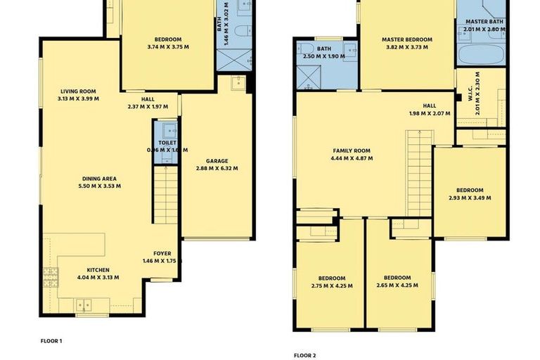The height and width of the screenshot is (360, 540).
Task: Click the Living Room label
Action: (77, 91)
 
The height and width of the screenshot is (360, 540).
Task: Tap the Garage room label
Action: (217, 160)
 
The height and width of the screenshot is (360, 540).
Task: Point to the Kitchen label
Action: (98, 269)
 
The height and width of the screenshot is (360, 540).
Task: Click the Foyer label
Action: (162, 253)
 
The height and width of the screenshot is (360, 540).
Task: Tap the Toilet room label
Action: (167, 143)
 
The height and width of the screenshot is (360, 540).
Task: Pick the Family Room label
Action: (352, 150)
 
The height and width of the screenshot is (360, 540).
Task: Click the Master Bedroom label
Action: (407, 39)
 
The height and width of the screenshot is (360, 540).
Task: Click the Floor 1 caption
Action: (51, 340)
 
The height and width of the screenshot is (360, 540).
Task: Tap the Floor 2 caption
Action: (304, 355)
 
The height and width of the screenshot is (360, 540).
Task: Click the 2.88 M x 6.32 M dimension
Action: (217, 169)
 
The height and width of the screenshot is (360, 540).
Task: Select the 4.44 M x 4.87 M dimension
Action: (352, 158)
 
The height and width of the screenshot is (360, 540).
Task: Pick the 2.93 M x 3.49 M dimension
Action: (469, 198)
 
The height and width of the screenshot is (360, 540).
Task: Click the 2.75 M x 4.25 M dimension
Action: (331, 285)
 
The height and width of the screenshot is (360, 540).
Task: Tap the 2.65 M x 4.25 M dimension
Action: (397, 285)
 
